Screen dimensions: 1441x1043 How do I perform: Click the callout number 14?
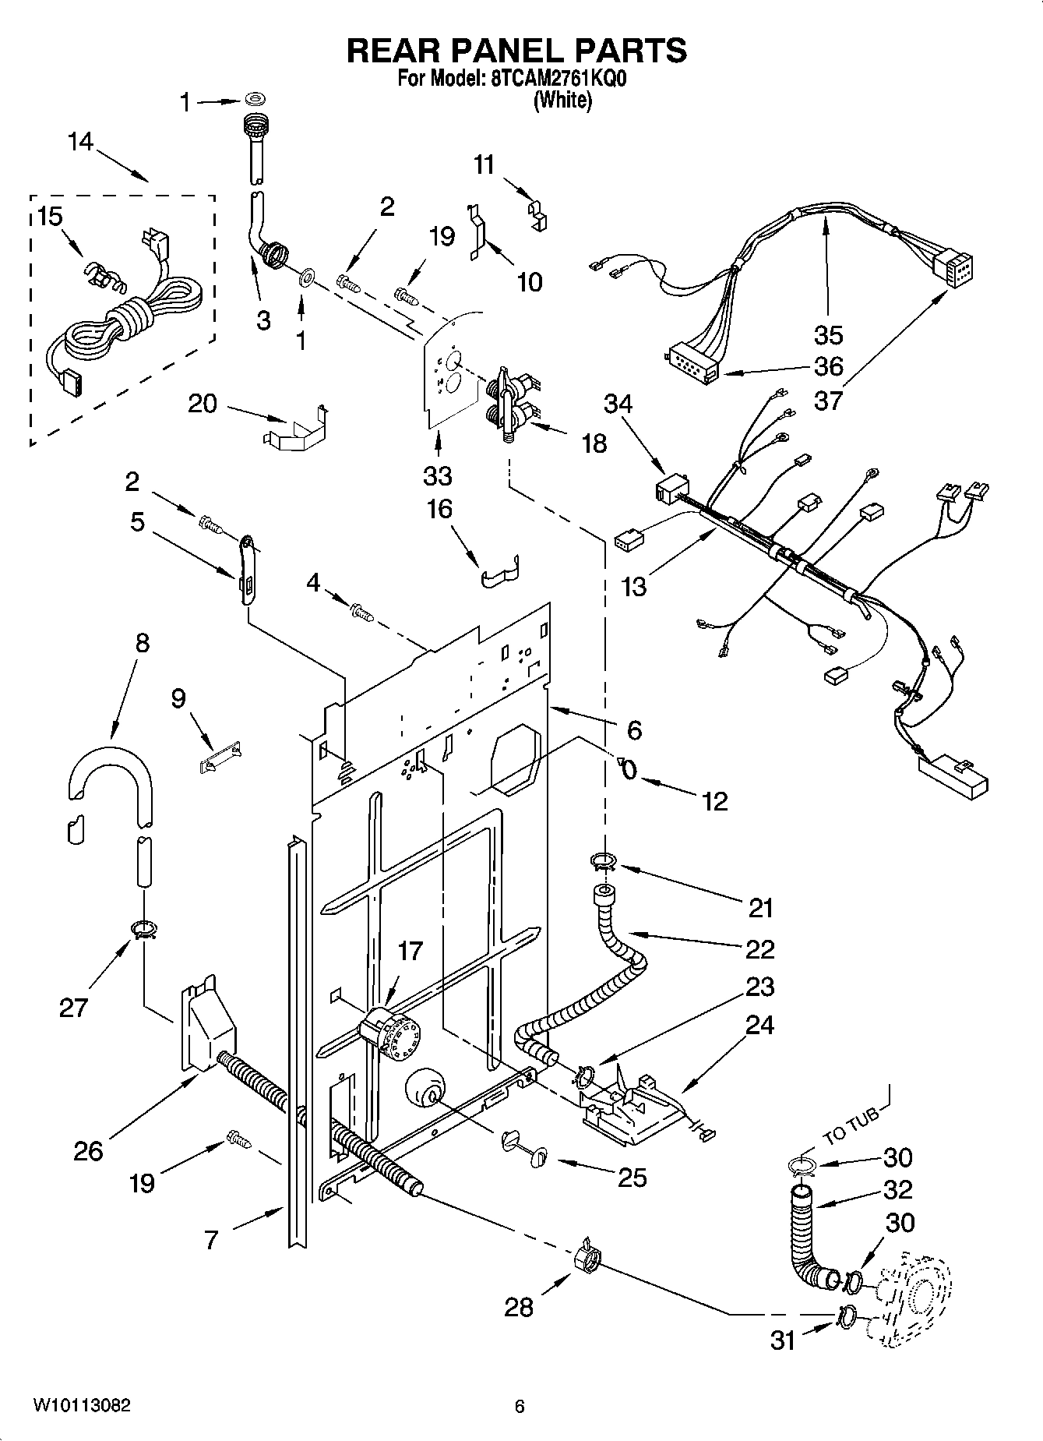click(79, 142)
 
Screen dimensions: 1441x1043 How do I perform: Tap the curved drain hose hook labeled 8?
click(110, 771)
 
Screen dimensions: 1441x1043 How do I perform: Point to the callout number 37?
click(828, 401)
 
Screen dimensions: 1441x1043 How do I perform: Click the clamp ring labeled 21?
click(602, 860)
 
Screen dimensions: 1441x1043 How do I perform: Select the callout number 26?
click(88, 1150)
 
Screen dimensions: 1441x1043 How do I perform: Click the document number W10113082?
click(81, 1406)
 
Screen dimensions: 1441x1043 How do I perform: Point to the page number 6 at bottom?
click(520, 1407)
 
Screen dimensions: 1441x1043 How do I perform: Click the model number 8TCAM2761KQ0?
click(559, 79)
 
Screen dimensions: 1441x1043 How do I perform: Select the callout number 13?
click(635, 585)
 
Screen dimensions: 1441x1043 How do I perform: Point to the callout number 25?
click(632, 1177)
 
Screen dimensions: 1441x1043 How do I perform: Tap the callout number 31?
click(783, 1340)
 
